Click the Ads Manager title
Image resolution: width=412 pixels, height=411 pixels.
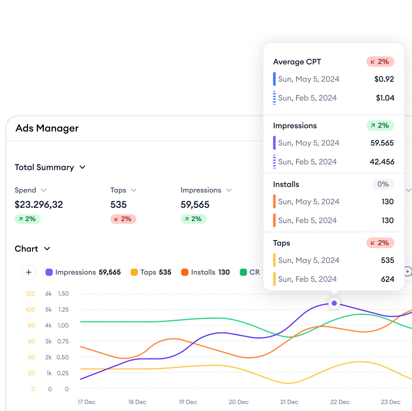click(x=47, y=128)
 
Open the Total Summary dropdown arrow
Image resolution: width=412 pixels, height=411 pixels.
click(x=82, y=167)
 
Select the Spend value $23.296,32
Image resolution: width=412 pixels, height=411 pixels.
click(x=39, y=205)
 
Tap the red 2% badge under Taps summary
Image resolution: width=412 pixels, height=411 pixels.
click(x=123, y=219)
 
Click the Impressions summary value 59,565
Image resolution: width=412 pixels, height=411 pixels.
click(x=195, y=205)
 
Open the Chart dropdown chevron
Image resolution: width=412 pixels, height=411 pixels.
click(x=47, y=249)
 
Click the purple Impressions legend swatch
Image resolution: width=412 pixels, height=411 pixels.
click(x=49, y=272)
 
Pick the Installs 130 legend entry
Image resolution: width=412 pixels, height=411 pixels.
click(x=205, y=272)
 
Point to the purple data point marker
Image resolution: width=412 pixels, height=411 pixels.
click(x=334, y=303)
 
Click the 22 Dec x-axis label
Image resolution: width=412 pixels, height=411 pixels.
click(x=340, y=402)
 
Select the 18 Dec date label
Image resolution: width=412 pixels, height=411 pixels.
click(x=137, y=402)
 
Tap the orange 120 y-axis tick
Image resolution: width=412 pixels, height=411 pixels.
click(x=31, y=294)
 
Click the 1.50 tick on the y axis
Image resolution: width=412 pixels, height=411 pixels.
click(x=63, y=294)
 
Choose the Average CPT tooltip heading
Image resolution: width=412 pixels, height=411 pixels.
click(x=297, y=62)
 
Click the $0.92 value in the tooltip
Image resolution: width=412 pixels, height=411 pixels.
click(x=384, y=79)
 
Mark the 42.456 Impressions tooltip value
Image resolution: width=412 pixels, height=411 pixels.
click(x=382, y=162)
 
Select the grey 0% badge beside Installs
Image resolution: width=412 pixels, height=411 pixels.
click(x=383, y=184)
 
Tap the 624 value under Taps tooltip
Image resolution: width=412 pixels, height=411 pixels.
click(x=387, y=279)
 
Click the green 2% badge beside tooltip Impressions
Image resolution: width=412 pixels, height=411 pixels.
click(x=380, y=125)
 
